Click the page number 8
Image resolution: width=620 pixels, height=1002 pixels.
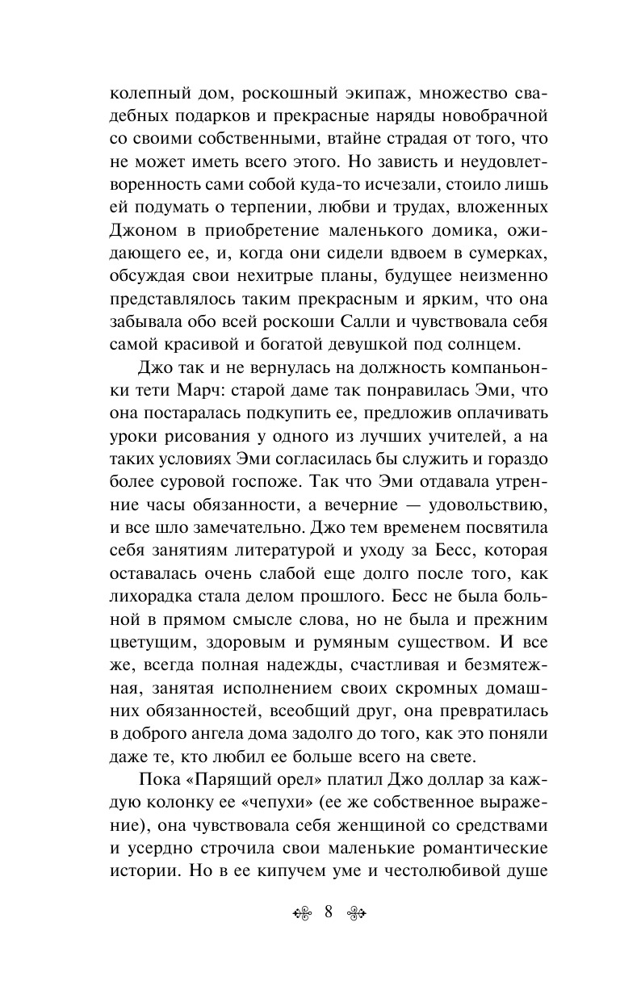click(x=329, y=912)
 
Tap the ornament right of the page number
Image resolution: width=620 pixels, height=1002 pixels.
click(x=356, y=913)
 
